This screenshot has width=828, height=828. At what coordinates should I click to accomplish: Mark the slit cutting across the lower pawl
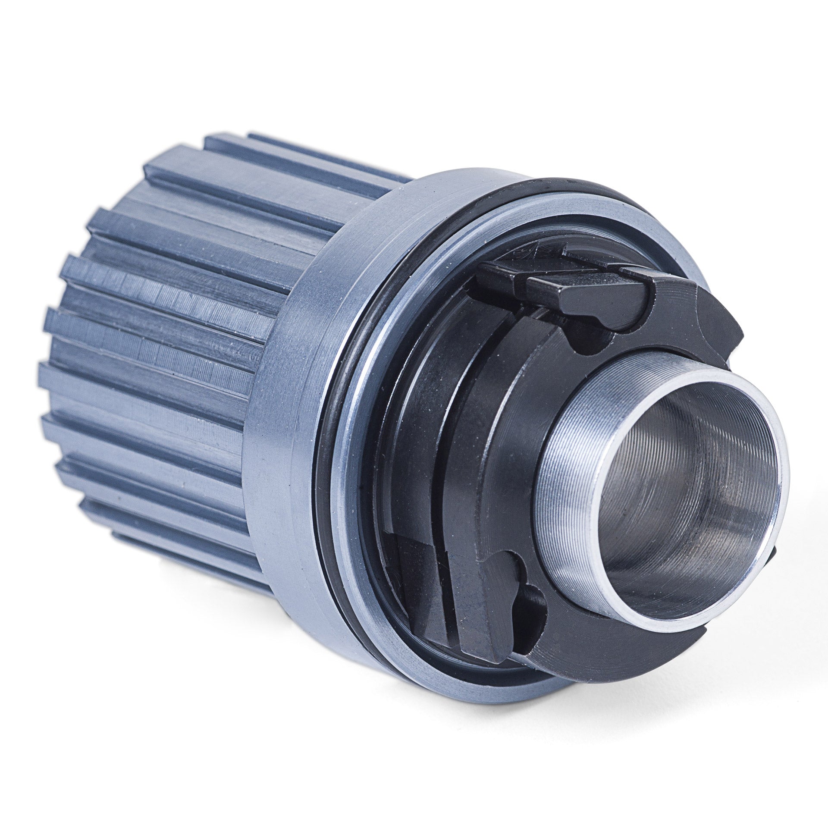(x=440, y=595)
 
